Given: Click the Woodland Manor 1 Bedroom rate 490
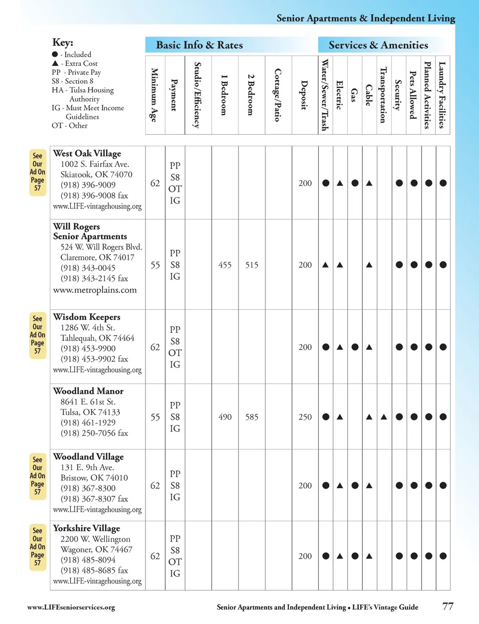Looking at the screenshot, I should (x=225, y=417).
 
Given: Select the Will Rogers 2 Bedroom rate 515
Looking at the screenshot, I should (x=251, y=265).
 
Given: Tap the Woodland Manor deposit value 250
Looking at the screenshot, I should (x=305, y=417).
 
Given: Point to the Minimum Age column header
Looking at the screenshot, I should (x=155, y=95).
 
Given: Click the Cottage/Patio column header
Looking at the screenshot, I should (x=278, y=95).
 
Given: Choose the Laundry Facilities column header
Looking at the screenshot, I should (x=442, y=95).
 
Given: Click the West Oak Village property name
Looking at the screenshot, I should (x=87, y=154).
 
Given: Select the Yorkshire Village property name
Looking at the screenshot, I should (x=87, y=528).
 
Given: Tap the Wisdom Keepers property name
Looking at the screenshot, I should (x=87, y=317).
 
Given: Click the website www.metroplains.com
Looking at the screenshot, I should (x=95, y=290).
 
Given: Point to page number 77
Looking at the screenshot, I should (x=448, y=607).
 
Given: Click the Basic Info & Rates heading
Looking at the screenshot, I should (x=200, y=45).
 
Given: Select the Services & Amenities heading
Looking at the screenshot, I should (x=378, y=45).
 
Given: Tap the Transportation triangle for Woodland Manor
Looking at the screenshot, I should (x=384, y=417).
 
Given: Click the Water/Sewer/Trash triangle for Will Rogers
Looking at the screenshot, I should (x=325, y=265).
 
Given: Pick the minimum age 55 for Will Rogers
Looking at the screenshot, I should (x=155, y=265).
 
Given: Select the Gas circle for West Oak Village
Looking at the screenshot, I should (x=355, y=183).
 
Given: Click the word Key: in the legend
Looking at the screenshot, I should (x=63, y=43).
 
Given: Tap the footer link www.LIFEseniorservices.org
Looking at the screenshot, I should (x=71, y=608).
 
